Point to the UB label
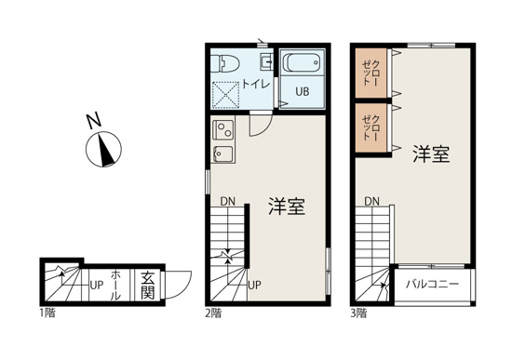303,91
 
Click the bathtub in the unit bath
302,65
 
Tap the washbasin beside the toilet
266,63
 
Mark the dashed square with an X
226,97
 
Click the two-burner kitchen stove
223,128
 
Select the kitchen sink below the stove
223,153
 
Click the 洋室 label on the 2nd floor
287,206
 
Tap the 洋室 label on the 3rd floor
431,154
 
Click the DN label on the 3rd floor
371,201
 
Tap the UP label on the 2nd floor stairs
254,284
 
